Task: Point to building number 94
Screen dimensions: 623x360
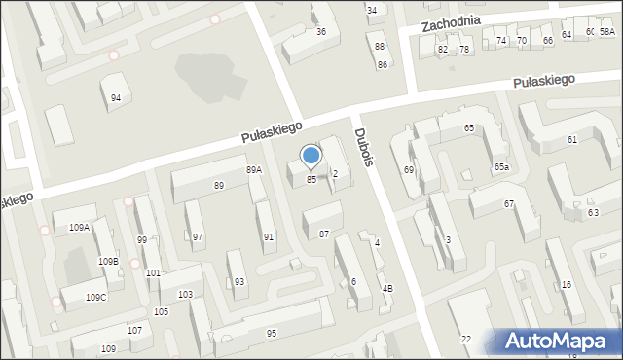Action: coord(116,97)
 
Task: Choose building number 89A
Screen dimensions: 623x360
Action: coord(253,170)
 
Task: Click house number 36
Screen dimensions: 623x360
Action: coord(321,31)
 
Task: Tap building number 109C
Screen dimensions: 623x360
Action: coord(96,297)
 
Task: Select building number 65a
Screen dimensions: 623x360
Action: coord(500,167)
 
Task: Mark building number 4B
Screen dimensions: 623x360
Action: coord(387,288)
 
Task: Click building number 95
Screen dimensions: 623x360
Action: coord(271,333)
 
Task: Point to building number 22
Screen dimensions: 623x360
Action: coord(466,338)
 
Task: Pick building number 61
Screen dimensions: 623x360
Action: coord(572,140)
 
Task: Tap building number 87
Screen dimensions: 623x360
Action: coord(324,234)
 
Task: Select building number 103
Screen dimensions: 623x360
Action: coord(185,294)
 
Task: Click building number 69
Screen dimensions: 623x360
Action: coord(409,170)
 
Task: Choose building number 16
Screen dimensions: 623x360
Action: coord(566,284)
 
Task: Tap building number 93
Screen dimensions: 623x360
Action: coord(239,281)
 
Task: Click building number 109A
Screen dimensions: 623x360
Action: coord(79,227)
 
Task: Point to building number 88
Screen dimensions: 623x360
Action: coord(380,47)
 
